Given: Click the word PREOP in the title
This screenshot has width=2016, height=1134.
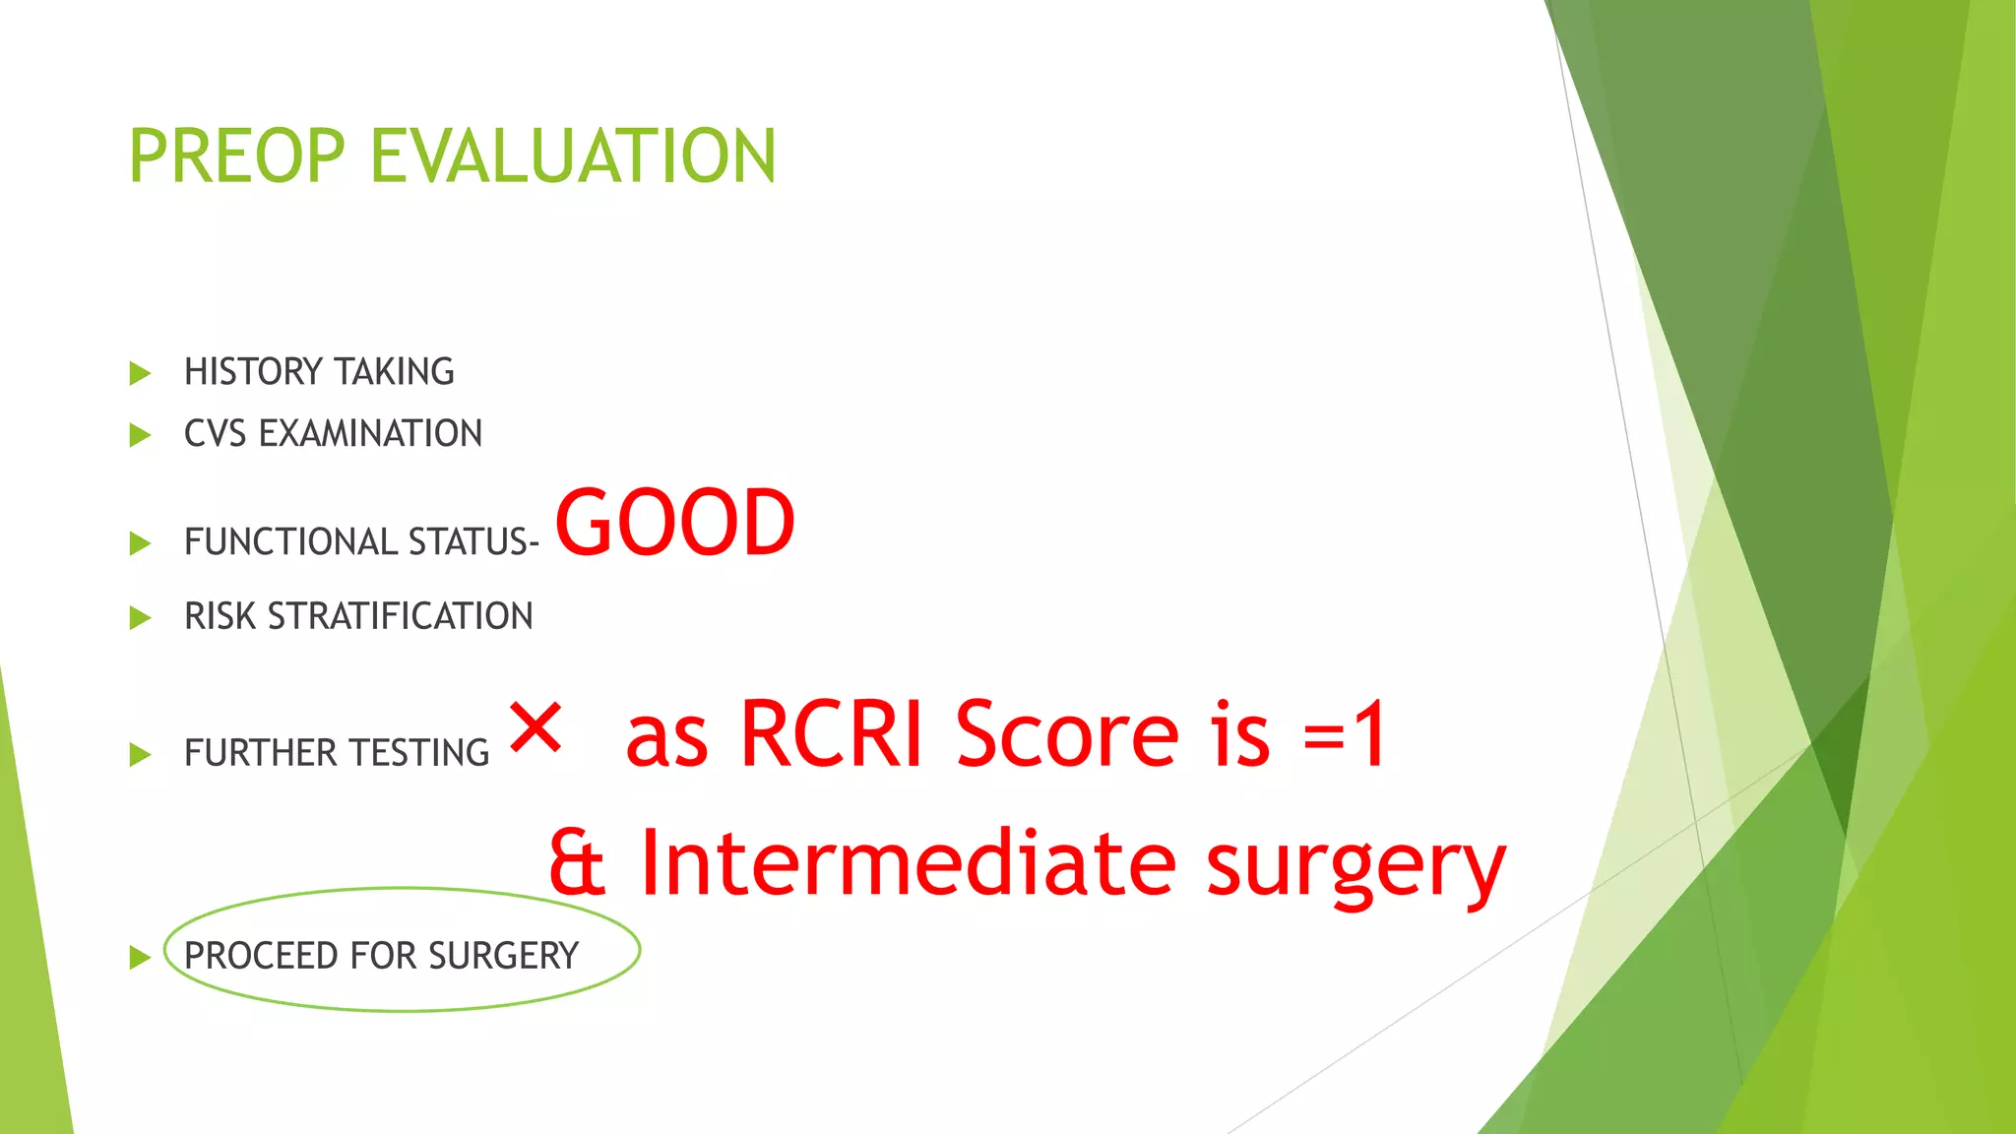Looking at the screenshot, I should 236,157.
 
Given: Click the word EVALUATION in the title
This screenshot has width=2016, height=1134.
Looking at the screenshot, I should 573,157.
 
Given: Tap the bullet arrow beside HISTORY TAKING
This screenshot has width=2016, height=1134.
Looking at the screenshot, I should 140,373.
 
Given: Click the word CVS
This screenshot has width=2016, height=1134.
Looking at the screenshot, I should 215,434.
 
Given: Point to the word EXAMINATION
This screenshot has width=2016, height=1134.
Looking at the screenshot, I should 370,434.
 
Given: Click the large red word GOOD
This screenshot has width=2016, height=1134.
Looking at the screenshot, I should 675,523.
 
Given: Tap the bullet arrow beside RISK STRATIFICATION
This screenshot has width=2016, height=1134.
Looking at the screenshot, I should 140,618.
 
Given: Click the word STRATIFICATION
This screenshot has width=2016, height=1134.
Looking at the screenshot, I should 400,617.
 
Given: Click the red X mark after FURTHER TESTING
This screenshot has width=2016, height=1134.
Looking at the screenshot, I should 535,728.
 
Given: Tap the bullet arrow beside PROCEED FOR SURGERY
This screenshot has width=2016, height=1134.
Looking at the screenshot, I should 140,957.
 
